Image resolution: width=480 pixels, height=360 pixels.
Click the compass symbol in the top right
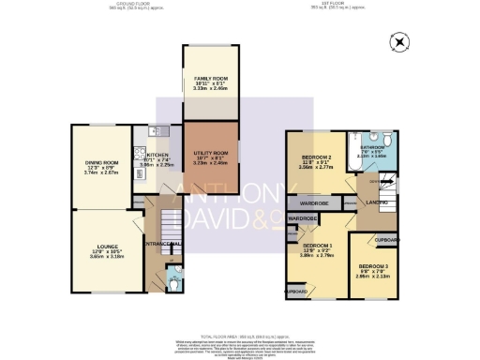(402, 42)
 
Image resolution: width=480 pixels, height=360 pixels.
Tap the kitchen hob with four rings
(140, 155)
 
